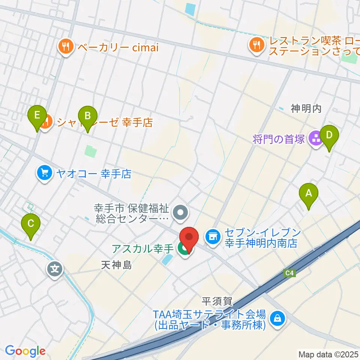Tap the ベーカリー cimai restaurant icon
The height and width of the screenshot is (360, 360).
(x=66, y=47)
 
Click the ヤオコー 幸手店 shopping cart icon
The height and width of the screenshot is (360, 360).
(x=45, y=173)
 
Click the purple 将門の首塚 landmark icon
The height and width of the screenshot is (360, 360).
(x=315, y=139)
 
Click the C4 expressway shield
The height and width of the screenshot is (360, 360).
(x=289, y=273)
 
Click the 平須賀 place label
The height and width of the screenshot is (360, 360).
(x=217, y=301)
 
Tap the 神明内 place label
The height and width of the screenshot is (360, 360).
(x=306, y=109)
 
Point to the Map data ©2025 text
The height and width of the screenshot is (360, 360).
(x=328, y=354)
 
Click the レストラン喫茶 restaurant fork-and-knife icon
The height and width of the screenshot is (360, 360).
(x=256, y=46)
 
